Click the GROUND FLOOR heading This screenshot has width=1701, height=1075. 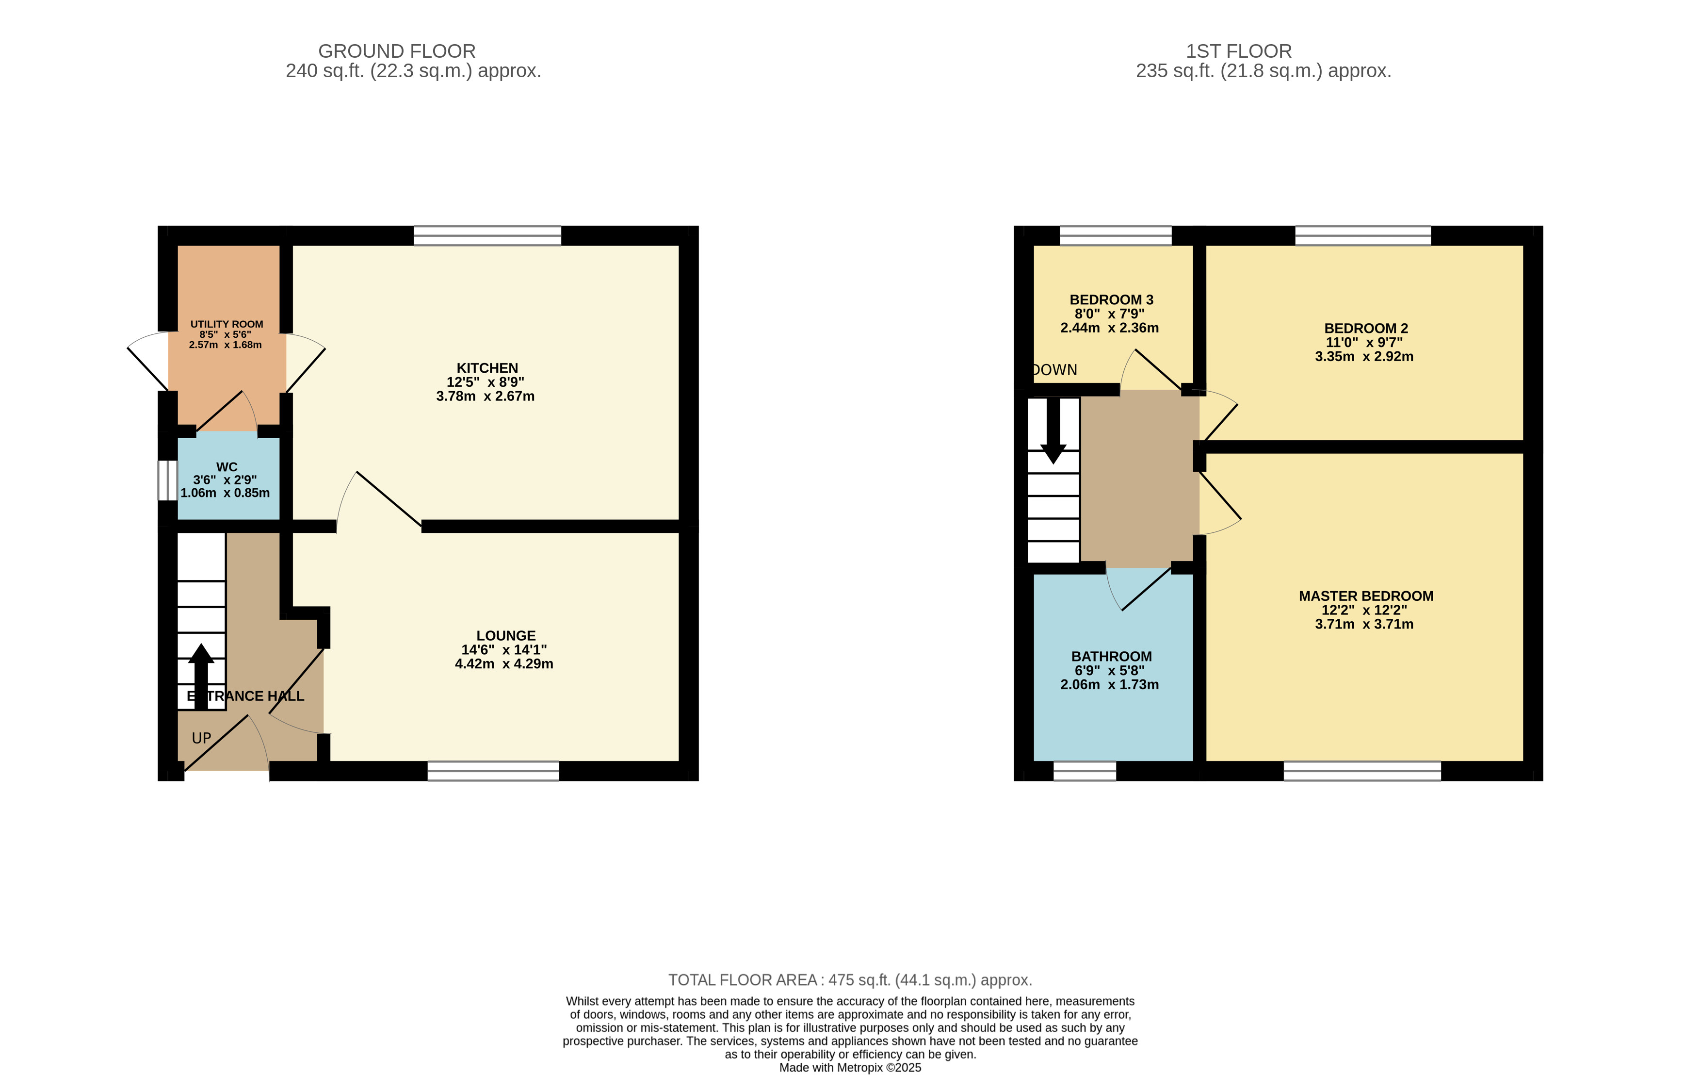point(396,51)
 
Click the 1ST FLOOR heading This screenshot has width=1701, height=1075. point(1238,51)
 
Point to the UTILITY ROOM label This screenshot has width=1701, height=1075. point(227,324)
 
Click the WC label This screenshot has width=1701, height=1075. point(227,467)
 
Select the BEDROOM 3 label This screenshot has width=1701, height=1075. point(1111,299)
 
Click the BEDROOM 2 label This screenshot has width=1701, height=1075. point(1366,329)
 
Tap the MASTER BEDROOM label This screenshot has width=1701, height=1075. point(1366,596)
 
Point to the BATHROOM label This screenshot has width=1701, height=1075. point(1111,657)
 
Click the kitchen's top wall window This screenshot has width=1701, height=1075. point(487,235)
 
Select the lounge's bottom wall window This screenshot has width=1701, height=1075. point(493,771)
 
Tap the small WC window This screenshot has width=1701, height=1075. point(167,480)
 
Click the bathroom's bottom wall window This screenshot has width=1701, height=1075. point(1085,771)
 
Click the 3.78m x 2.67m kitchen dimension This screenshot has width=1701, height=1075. point(486,397)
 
